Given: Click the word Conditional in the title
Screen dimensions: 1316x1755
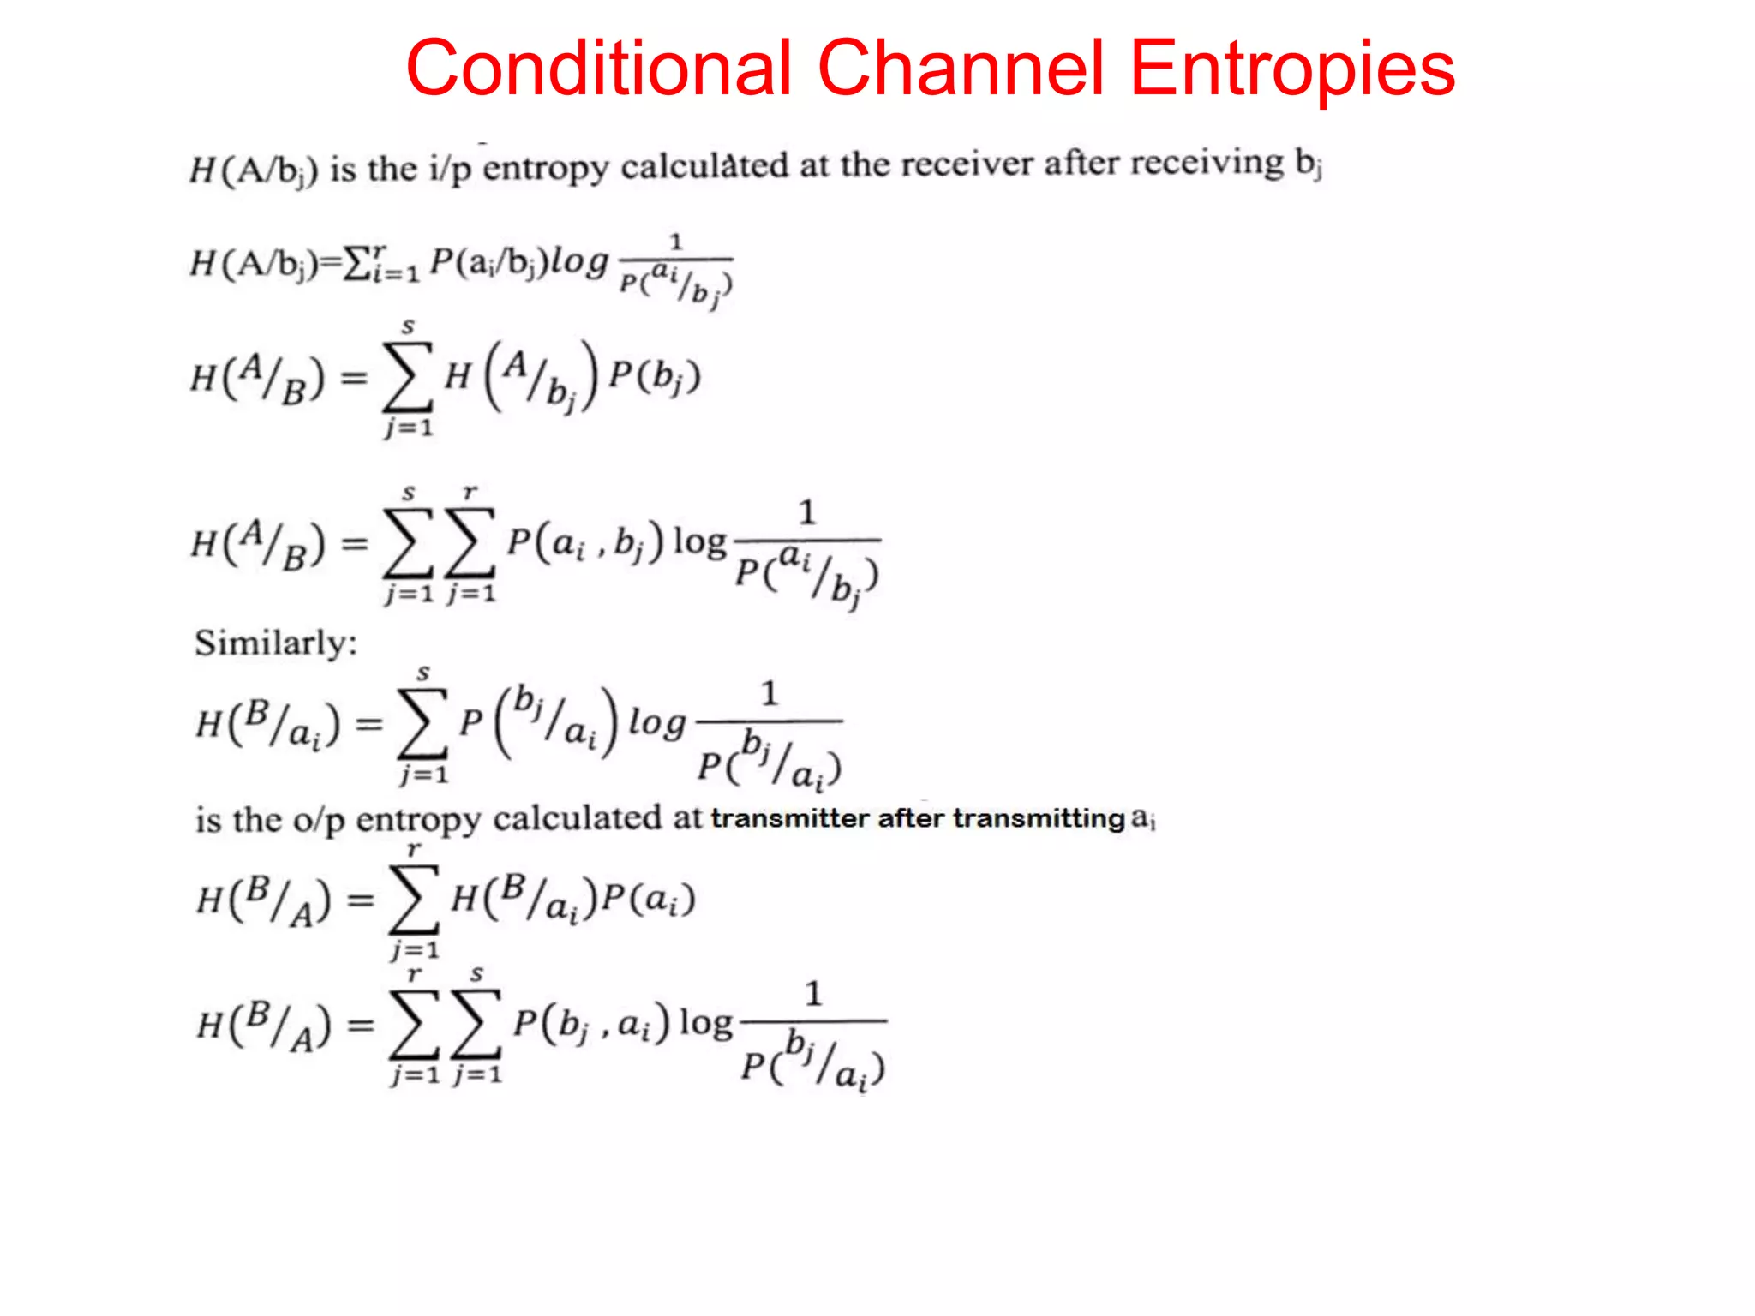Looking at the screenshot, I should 598,69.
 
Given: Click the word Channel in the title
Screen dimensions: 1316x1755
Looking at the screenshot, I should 961,69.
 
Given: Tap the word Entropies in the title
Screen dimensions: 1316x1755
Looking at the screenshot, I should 1292,69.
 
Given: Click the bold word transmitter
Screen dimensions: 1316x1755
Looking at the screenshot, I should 789,818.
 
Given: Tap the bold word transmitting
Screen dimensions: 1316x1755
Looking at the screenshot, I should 1039,818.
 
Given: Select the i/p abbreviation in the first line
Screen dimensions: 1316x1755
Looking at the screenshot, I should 450,169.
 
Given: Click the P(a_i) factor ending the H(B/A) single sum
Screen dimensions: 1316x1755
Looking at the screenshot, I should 649,900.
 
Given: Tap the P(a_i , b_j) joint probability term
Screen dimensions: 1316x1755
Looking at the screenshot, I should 585,542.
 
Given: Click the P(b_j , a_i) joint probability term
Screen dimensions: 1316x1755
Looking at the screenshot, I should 591,1024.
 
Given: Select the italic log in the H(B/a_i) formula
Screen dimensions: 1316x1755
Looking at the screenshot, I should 657,723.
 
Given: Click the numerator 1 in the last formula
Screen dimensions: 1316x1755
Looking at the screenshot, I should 813,994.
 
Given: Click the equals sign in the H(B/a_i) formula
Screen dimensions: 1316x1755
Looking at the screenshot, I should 368,724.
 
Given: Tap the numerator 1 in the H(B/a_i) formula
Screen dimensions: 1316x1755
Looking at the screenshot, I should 770,693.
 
